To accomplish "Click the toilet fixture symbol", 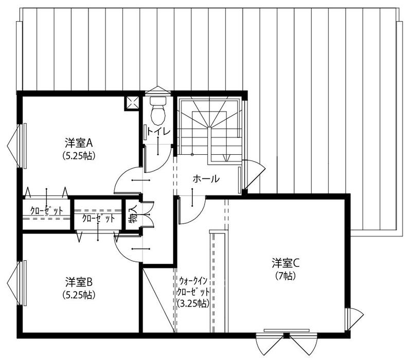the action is click(158, 111).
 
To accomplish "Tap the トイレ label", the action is click(158, 131).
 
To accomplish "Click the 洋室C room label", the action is click(285, 263).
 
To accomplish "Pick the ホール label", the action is click(206, 179).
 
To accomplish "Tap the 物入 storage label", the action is click(133, 214).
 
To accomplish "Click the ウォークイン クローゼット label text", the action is click(193, 286).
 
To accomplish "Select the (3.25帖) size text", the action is click(193, 303).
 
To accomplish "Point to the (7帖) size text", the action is click(285, 276).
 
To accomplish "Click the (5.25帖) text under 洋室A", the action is click(79, 156).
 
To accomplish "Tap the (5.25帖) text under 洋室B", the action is click(79, 295).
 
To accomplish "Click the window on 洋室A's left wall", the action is click(22, 146).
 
